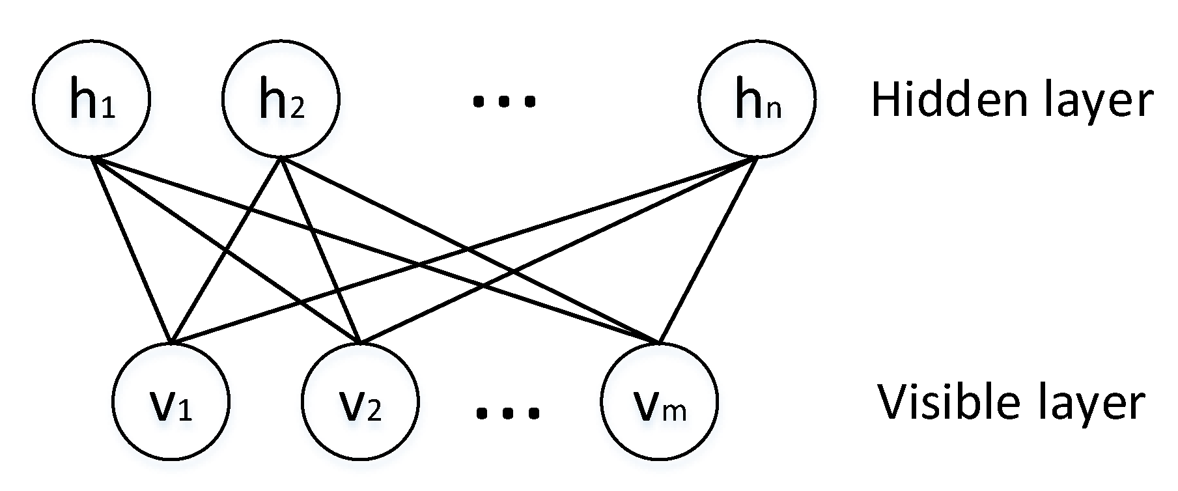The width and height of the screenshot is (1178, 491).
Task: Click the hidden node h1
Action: point(91,99)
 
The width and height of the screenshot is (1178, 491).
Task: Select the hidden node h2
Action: point(281,99)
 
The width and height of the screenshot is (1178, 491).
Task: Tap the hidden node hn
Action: point(756,99)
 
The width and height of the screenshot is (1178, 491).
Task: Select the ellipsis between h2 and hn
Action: point(504,101)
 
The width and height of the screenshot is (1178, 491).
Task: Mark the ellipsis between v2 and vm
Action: point(508,412)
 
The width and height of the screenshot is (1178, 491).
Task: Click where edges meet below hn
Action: point(756,158)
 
